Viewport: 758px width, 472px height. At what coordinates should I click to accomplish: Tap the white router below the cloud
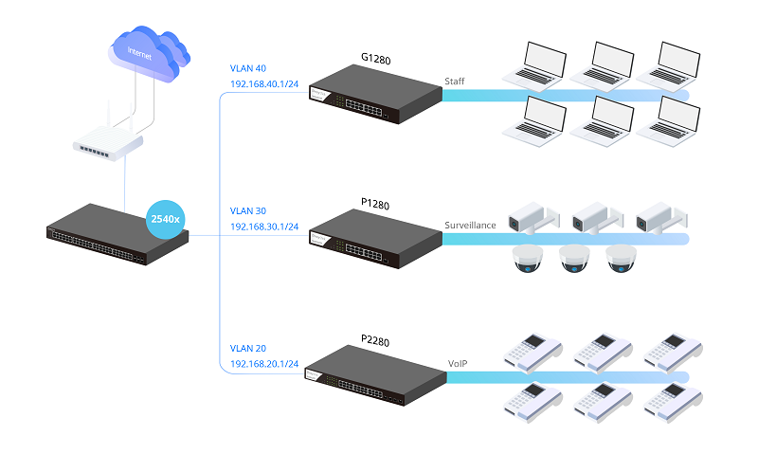coord(108,144)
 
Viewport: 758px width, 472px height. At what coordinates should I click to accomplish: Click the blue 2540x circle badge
coord(166,219)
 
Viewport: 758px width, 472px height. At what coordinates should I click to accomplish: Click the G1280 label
coord(376,59)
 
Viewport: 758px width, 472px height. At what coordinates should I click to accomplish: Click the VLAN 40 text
coord(250,68)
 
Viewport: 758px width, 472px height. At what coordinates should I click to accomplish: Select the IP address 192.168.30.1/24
coord(264,227)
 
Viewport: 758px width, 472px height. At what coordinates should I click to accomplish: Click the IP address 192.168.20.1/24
coord(264,364)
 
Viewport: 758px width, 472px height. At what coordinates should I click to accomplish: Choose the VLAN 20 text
coord(250,348)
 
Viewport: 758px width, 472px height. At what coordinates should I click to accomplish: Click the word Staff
coord(456,82)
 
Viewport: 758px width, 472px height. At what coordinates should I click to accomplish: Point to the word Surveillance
coord(471,226)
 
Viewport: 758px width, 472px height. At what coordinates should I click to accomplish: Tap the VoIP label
coord(458,363)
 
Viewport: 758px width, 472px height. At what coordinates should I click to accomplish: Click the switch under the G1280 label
coord(376,96)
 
